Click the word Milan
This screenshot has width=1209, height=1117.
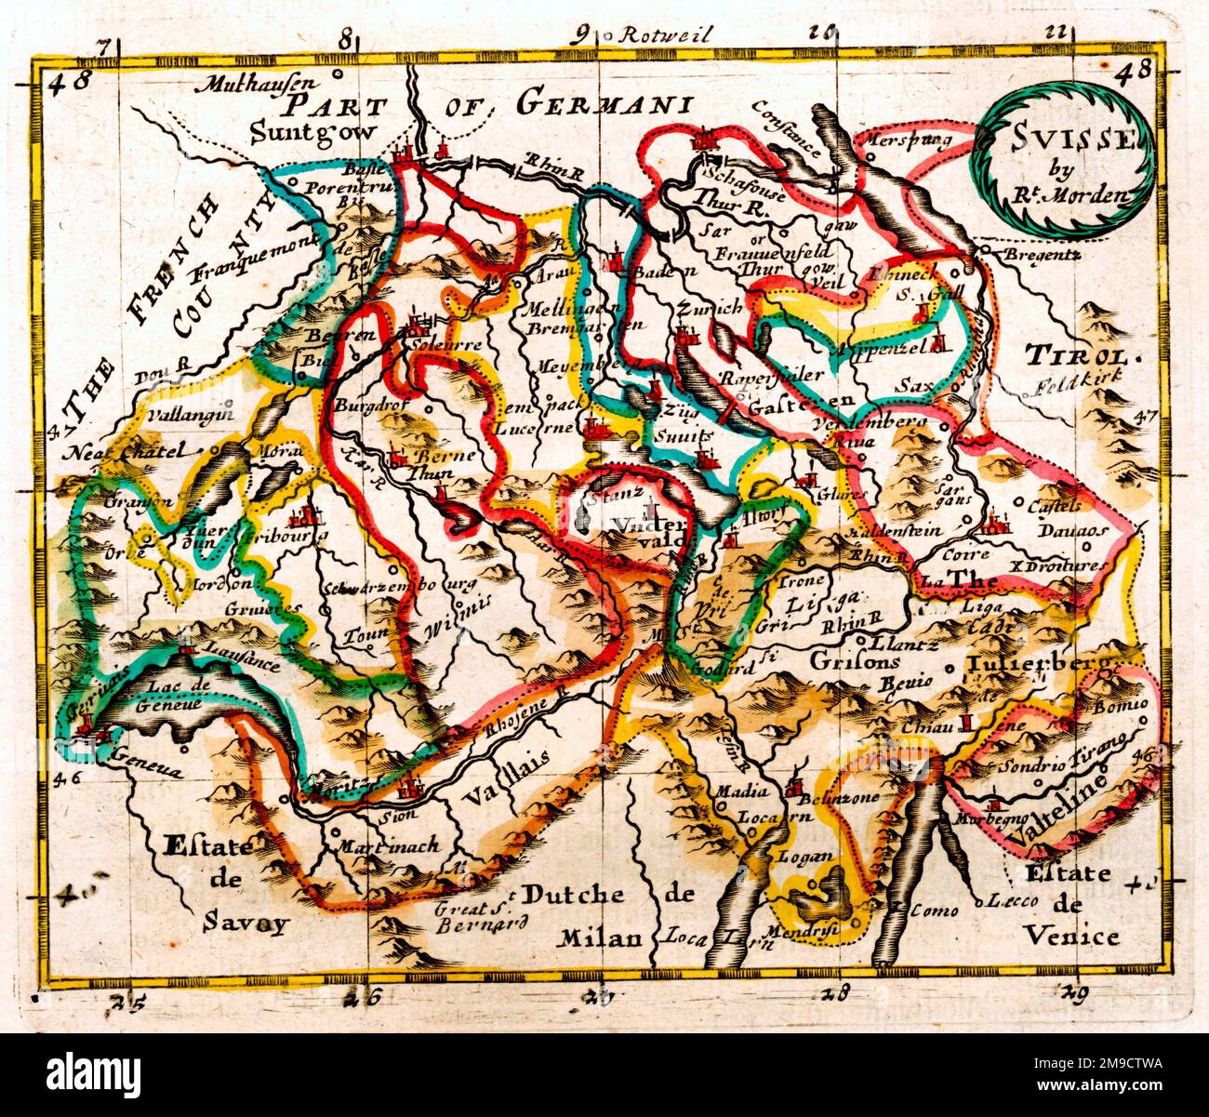(x=601, y=938)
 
